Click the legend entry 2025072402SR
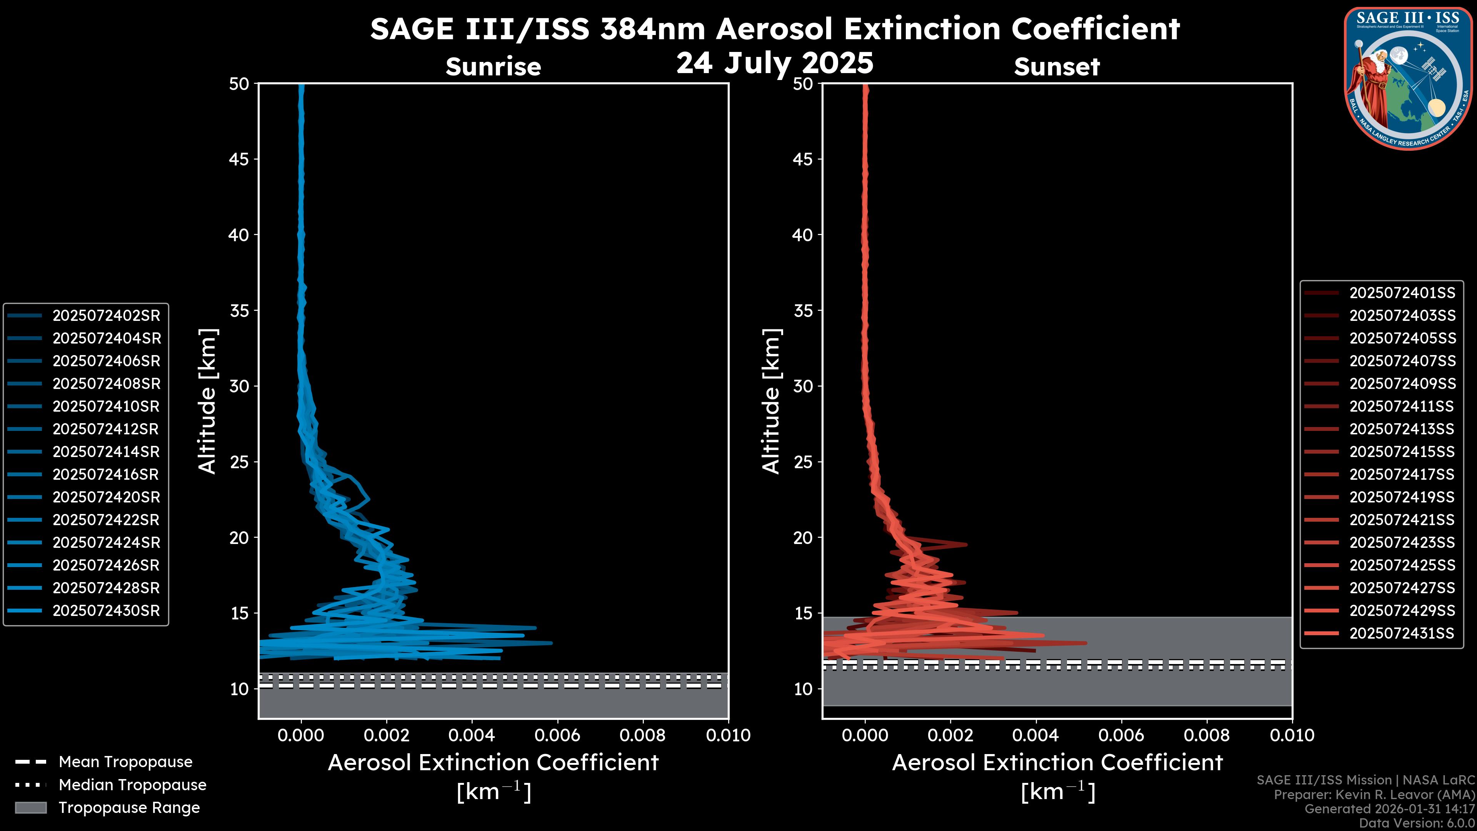point(106,316)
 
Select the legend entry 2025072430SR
point(106,611)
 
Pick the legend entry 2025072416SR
point(106,475)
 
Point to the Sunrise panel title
point(493,67)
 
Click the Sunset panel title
point(1057,67)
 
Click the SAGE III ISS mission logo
point(1409,77)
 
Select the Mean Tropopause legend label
point(125,762)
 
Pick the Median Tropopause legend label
point(132,785)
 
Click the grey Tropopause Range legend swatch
point(30,808)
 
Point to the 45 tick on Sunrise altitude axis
point(239,159)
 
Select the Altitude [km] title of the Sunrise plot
point(208,401)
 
